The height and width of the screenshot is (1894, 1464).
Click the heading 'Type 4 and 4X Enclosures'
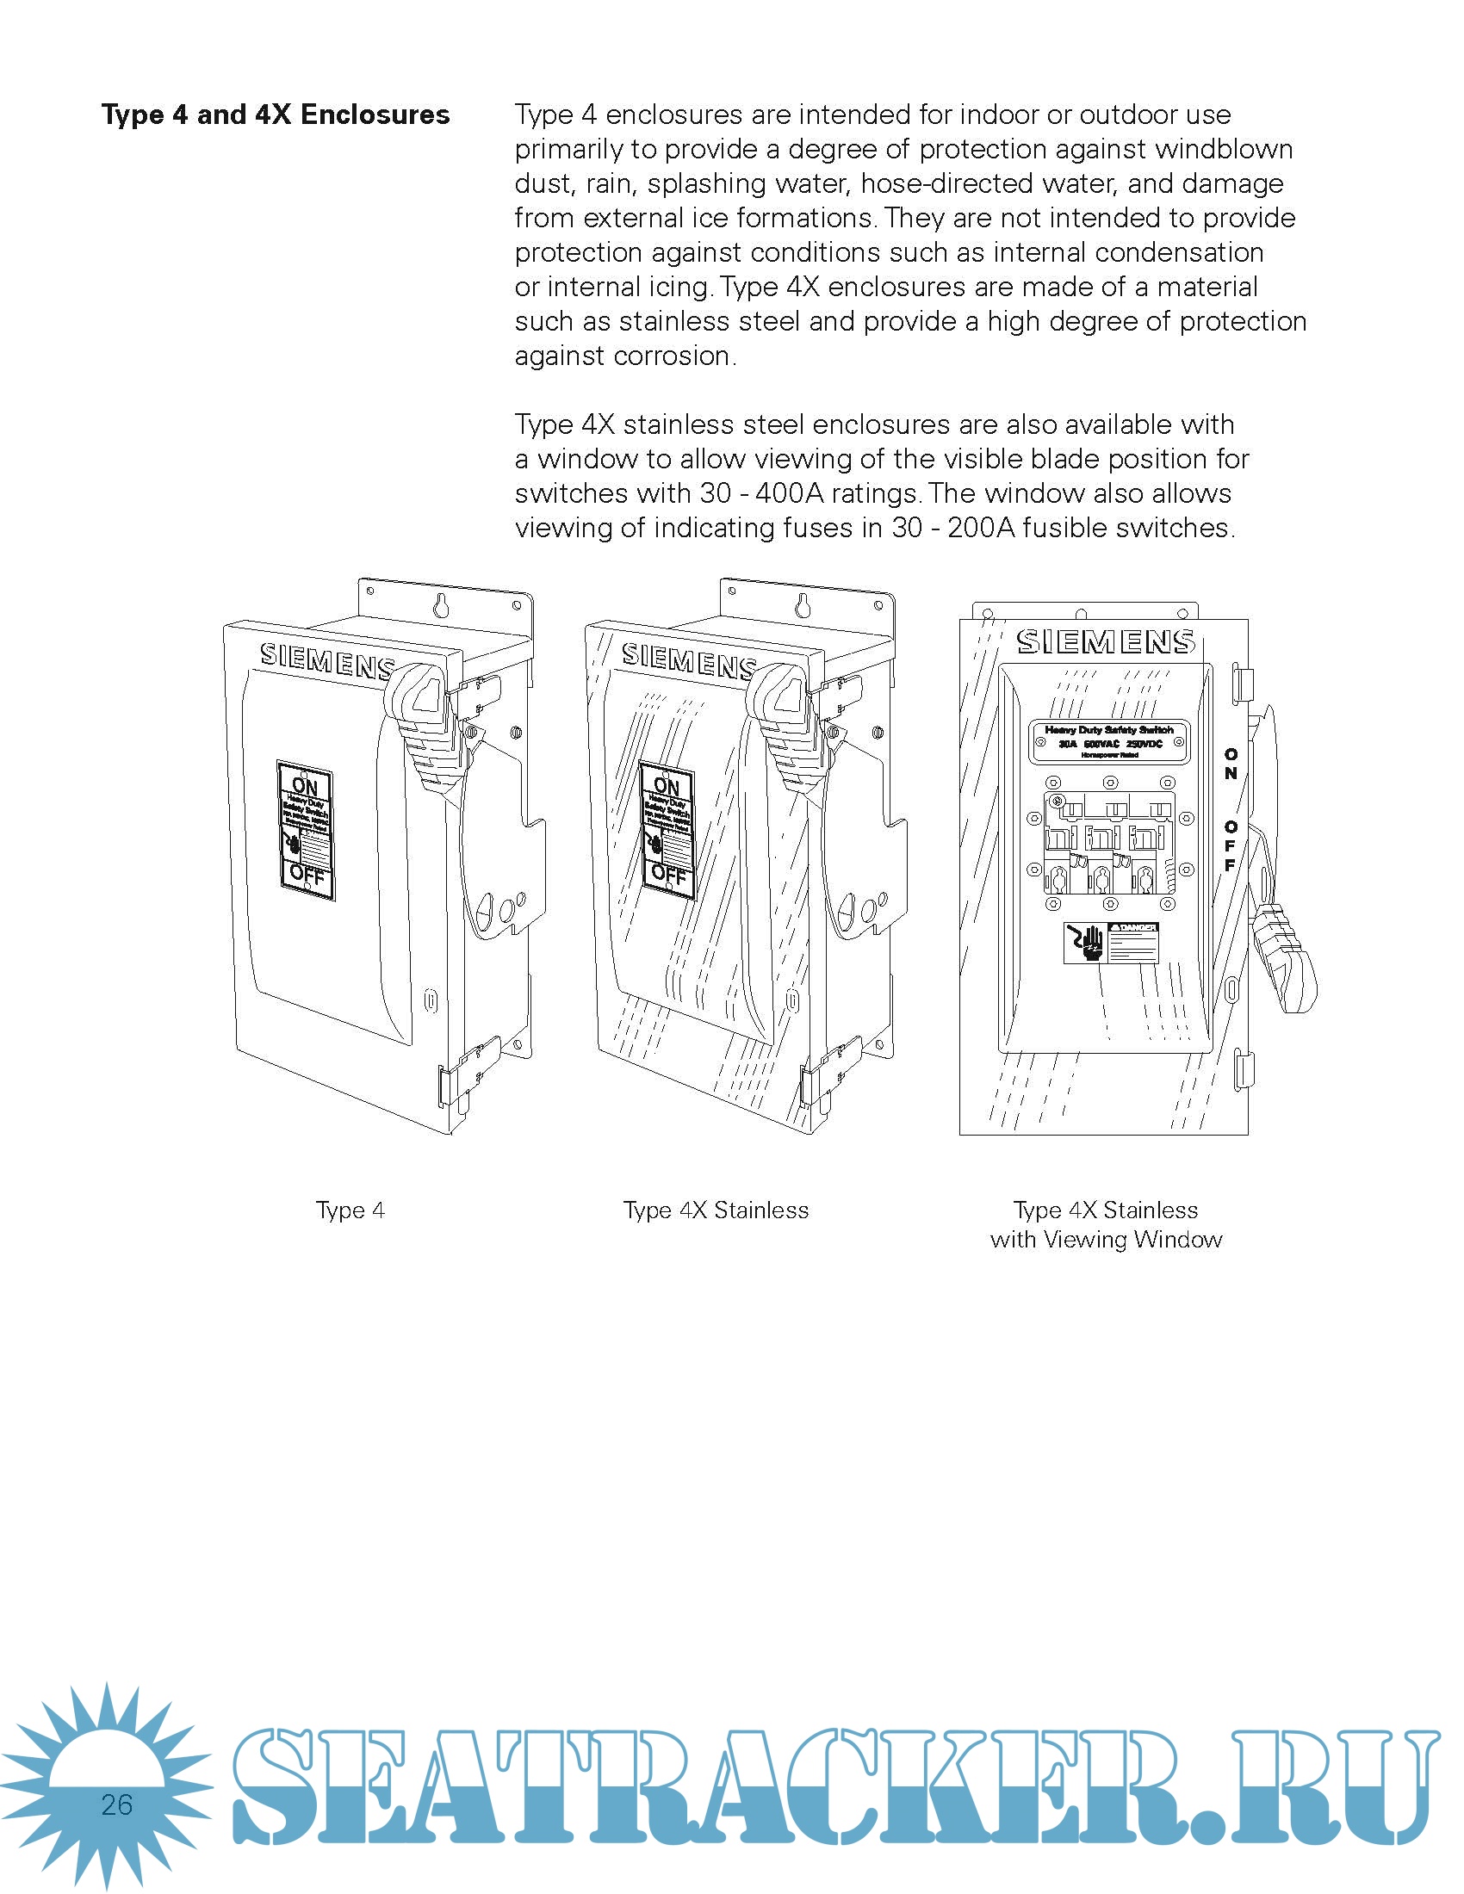275,115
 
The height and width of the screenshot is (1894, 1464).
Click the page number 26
116,1804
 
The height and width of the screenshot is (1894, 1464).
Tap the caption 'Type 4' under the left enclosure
350,1210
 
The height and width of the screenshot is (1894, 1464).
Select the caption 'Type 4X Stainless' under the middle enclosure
716,1210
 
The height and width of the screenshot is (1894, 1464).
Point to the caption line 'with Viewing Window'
1106,1239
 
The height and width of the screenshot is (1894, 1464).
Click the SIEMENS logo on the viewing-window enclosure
1105,641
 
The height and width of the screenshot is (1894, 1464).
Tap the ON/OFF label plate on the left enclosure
307,830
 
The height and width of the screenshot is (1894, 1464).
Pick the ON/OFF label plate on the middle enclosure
667,830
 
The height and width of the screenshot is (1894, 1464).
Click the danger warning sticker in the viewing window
1110,942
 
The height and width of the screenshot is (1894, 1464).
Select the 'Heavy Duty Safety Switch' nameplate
1108,741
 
